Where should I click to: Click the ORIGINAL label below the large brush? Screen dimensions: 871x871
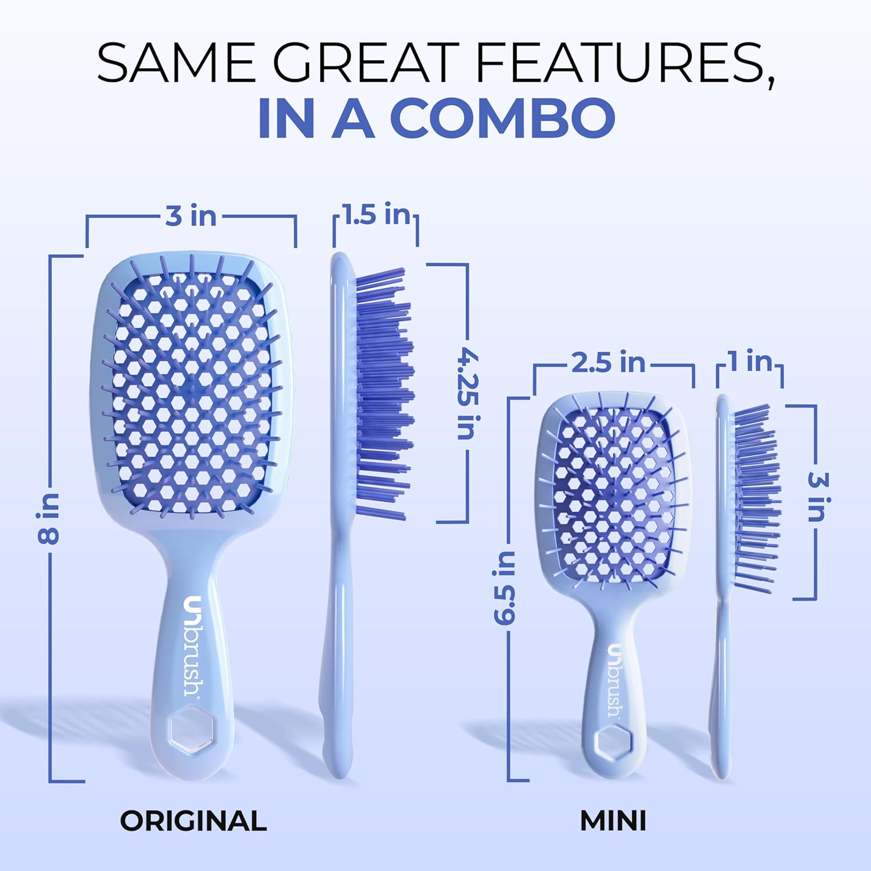click(x=193, y=820)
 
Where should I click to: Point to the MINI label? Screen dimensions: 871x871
click(x=613, y=820)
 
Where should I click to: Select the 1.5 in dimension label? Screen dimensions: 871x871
click(x=376, y=215)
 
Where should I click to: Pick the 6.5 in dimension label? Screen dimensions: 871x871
click(x=505, y=588)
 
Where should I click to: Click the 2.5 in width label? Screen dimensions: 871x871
click(x=608, y=363)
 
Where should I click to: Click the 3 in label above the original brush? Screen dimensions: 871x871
click(x=190, y=216)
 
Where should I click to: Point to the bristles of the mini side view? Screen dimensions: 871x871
click(x=755, y=499)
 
